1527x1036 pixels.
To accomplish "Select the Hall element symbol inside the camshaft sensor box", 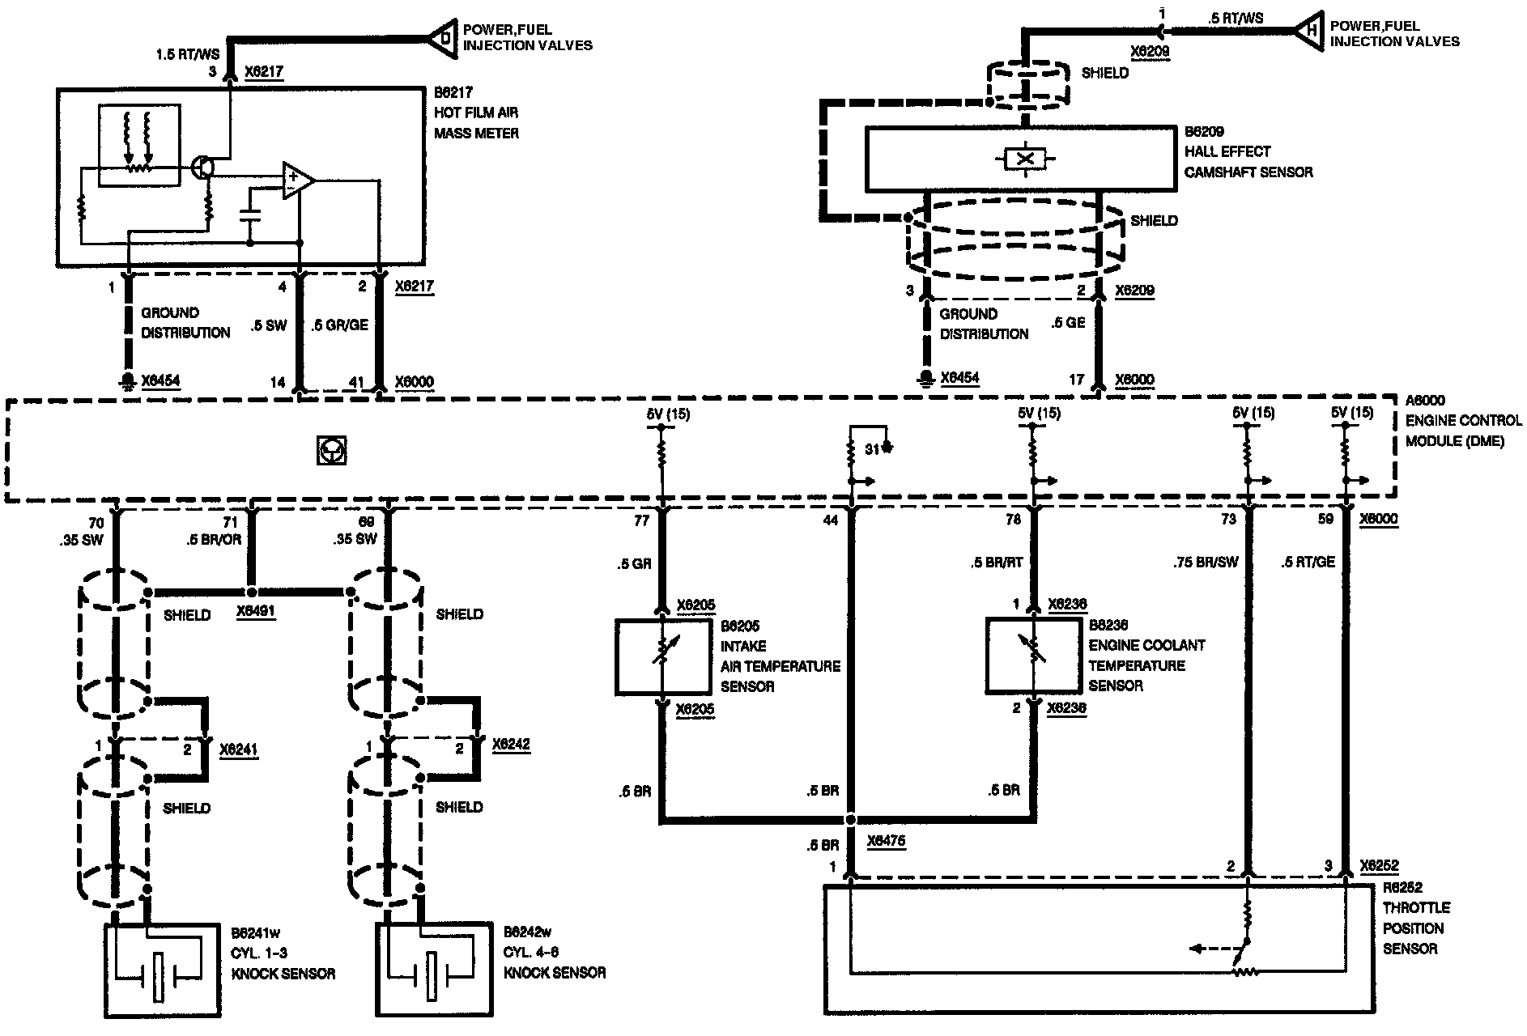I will (1024, 159).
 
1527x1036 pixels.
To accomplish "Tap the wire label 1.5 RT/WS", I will (187, 55).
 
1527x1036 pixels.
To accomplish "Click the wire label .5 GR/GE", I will (340, 325).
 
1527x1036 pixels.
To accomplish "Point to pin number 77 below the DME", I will (641, 521).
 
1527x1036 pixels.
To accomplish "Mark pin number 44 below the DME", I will (830, 521).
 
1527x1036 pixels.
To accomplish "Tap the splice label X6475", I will (885, 842).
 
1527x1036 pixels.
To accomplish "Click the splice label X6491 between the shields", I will (256, 613).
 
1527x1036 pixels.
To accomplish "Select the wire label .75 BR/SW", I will (1206, 562).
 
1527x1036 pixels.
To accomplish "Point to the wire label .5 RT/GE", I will (1308, 562).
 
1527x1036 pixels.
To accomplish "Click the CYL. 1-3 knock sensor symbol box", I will (162, 970).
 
